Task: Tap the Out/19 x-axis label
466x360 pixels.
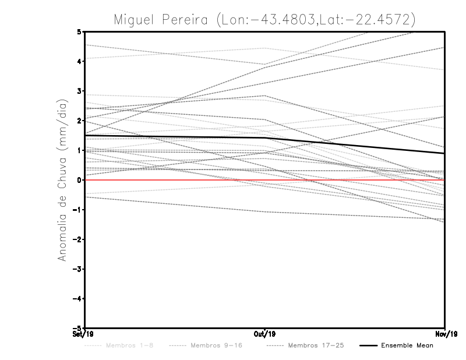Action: [265, 334]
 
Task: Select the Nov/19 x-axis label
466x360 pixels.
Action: [446, 334]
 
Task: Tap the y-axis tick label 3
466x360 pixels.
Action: [79, 91]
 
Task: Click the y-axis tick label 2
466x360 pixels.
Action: [79, 121]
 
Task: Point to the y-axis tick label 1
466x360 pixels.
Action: [79, 150]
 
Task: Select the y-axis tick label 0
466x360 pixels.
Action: [79, 180]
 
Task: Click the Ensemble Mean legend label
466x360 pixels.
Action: [407, 345]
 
